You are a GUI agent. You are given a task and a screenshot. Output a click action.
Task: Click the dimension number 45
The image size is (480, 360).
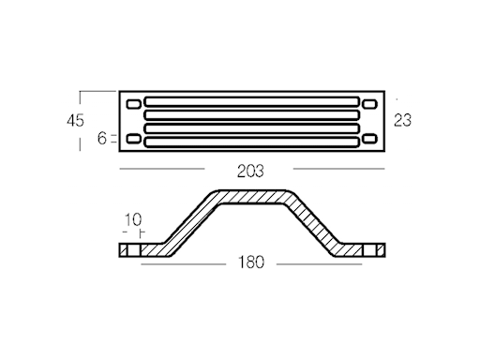pos(75,121)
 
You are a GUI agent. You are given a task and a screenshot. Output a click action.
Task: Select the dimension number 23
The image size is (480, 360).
pos(402,121)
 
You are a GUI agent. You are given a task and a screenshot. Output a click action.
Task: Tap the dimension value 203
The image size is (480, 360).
pos(250,172)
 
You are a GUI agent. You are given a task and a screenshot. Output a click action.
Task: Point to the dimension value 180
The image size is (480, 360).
pos(251,262)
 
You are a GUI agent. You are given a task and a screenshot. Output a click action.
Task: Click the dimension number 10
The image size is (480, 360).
pos(133,219)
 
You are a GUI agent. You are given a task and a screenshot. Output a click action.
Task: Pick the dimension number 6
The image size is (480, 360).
pos(102,139)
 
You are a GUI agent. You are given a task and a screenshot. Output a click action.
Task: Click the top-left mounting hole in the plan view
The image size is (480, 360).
pos(134,104)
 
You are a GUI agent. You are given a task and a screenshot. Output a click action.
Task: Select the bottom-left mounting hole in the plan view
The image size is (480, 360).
pos(134,139)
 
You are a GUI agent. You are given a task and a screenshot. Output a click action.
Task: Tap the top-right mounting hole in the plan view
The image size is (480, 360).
pos(369,104)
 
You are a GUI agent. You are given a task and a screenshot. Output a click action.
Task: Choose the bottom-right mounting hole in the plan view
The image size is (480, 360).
pos(369,139)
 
